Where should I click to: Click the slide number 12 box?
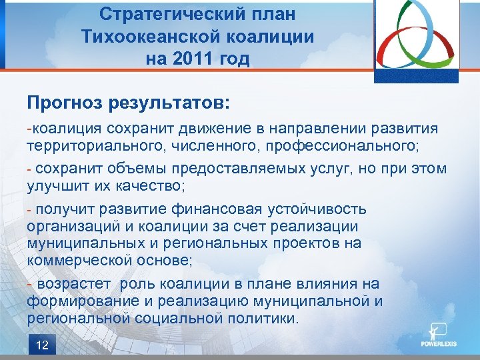click(42, 345)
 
